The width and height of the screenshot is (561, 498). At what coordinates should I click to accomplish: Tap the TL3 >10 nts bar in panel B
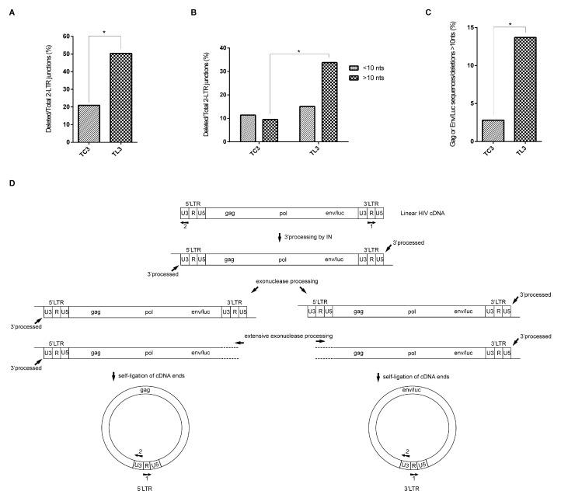coord(329,102)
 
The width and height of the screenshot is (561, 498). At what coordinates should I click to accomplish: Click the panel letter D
coord(9,184)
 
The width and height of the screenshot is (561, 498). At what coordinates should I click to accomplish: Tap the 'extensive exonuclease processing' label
coord(288,336)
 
